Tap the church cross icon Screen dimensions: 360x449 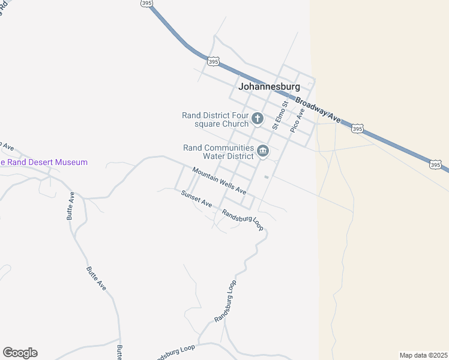(x=258, y=118)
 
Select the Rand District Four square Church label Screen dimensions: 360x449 (x=215, y=119)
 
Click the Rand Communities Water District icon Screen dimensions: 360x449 (x=262, y=151)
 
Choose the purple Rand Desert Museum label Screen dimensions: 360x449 (x=44, y=162)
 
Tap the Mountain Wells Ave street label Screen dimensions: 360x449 (x=219, y=181)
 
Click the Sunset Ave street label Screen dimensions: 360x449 (x=197, y=199)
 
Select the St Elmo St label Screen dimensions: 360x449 (x=280, y=115)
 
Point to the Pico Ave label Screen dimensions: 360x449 (x=297, y=121)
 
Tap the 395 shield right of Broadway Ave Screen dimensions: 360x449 (x=357, y=129)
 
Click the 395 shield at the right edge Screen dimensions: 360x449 (x=436, y=164)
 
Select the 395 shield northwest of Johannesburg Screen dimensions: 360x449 (x=213, y=61)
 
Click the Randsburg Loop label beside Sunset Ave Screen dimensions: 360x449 (x=243, y=220)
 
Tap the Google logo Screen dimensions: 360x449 (x=20, y=353)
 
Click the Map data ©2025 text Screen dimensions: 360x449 (x=423, y=355)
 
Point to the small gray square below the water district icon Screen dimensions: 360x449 (x=266, y=177)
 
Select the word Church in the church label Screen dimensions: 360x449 (x=235, y=124)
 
